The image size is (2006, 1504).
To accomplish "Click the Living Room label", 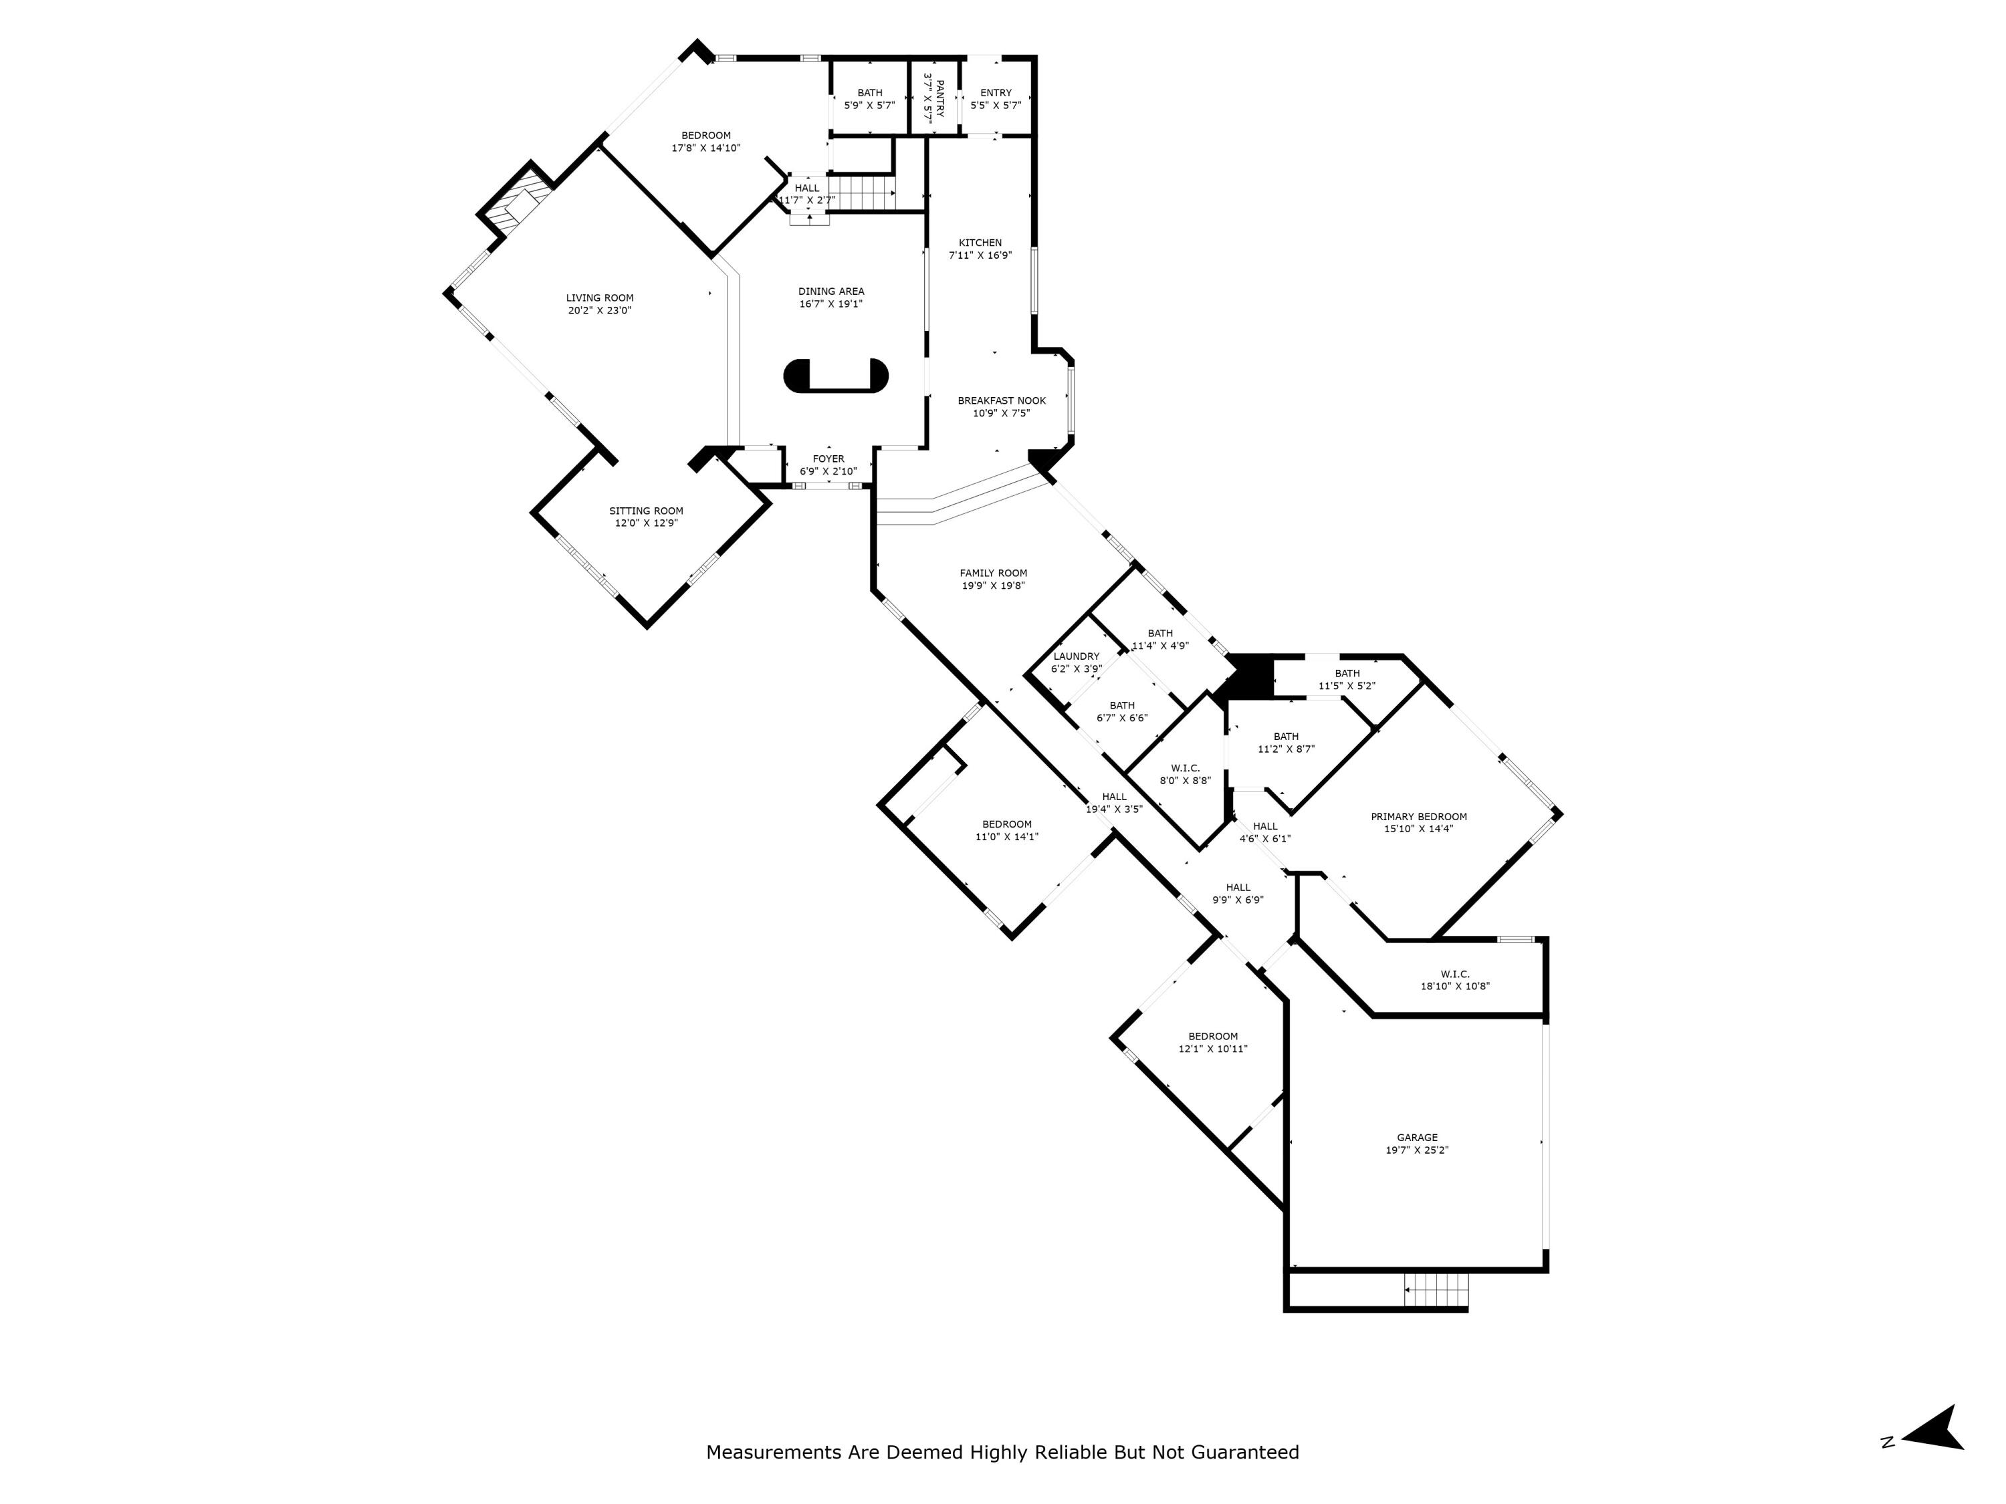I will point(599,298).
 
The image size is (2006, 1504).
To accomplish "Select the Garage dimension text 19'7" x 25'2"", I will point(1416,1150).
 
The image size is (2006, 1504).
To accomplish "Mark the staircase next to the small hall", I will point(861,193).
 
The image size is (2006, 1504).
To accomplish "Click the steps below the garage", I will point(1436,1290).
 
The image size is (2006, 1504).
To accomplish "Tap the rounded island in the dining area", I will point(835,375).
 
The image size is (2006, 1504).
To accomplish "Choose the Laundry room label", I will point(1077,656).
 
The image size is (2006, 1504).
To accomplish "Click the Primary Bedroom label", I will point(1418,817).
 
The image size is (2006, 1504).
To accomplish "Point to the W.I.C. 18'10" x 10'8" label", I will point(1454,975).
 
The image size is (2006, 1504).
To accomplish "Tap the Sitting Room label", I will point(646,511).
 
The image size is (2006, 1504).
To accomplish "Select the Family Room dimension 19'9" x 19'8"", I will point(993,586).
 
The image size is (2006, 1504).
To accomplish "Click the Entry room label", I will point(996,92).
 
